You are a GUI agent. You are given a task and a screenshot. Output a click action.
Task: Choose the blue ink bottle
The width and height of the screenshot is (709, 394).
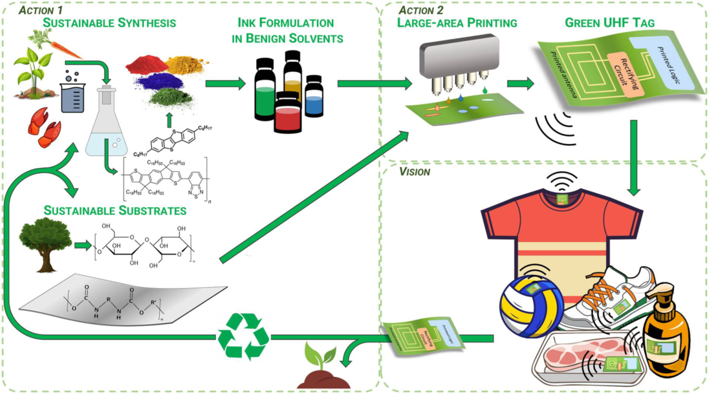(314, 97)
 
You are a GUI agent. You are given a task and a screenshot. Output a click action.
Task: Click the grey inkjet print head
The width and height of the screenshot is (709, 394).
(459, 58)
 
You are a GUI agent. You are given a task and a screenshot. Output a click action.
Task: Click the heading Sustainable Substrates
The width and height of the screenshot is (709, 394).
(115, 210)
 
